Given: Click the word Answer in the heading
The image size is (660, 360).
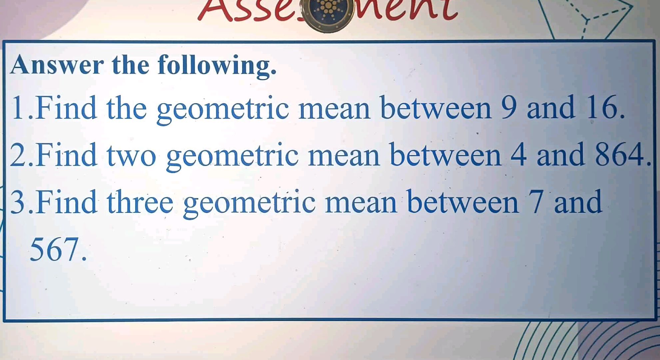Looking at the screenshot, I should point(57,65).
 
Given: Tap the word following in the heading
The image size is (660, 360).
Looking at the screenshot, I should point(217,66).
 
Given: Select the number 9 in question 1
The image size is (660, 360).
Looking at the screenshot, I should point(509,107).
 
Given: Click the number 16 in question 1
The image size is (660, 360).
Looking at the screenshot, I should point(605,107).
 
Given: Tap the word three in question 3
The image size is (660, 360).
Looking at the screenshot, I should point(140,202).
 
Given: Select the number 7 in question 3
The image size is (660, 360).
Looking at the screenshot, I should point(537,202).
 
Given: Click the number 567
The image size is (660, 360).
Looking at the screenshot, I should point(55,249).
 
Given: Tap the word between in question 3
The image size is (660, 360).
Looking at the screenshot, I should point(463,202).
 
